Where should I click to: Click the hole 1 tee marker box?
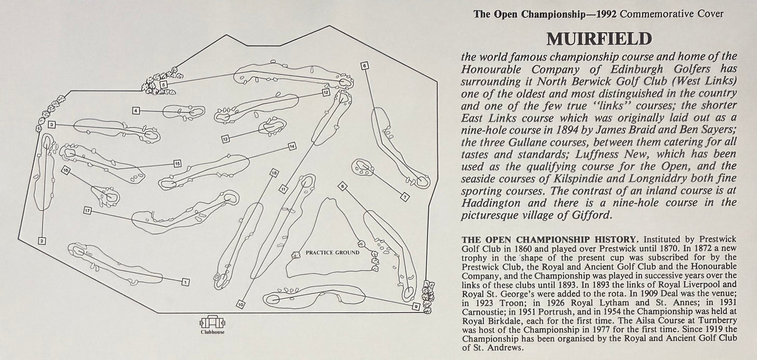[185, 282]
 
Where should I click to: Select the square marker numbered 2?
[41, 241]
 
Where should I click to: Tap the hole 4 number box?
[136, 111]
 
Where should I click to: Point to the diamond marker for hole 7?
[405, 197]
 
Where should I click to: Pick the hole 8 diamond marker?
[343, 186]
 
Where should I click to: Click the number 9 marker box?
[416, 307]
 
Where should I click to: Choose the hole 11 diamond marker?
[283, 189]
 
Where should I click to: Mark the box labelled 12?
[326, 92]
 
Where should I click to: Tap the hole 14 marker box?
[292, 146]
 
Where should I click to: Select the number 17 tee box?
[87, 211]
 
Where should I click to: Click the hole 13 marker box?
[226, 138]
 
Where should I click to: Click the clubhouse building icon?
[212, 322]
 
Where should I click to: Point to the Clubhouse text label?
[213, 332]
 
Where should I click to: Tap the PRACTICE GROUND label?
[333, 253]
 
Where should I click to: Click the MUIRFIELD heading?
[599, 39]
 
